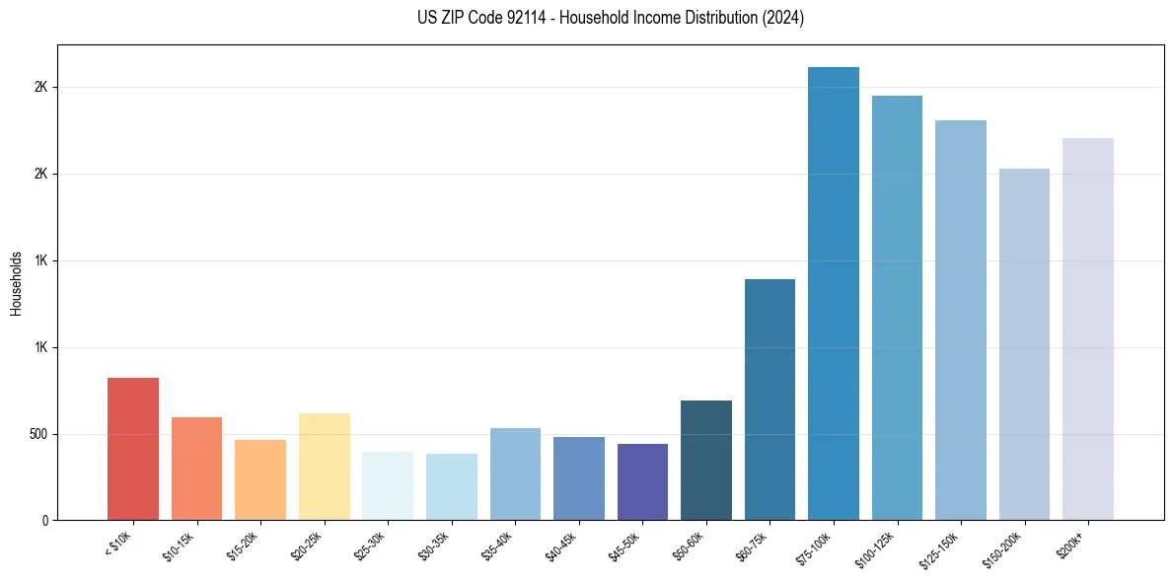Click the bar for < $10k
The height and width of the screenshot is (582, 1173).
133,449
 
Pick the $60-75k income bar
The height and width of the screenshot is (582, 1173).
770,400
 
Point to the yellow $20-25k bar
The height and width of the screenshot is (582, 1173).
325,467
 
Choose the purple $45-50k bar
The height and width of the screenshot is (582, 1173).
642,481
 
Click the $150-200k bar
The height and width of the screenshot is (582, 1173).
1024,344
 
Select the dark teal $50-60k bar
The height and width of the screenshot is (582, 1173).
706,460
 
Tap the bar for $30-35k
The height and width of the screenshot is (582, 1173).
452,486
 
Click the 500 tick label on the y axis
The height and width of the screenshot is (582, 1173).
38,434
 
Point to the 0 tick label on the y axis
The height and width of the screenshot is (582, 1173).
45,520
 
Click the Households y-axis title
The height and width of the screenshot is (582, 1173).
17,283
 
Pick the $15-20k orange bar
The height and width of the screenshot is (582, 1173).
260,479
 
